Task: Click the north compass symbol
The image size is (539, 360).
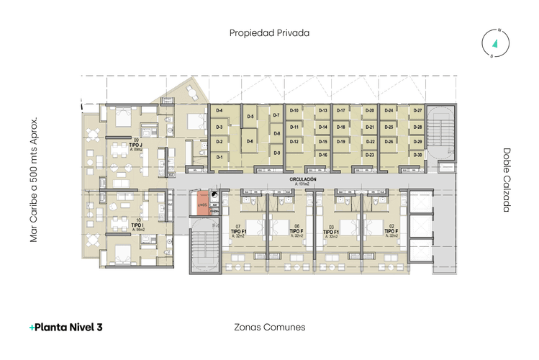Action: [x=496, y=43]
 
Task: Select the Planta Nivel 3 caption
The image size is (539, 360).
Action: [x=65, y=327]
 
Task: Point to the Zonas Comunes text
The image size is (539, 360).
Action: [x=270, y=327]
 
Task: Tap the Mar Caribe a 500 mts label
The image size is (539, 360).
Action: [x=33, y=180]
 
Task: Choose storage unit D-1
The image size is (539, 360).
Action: [x=219, y=156]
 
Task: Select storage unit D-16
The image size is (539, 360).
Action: [x=323, y=155]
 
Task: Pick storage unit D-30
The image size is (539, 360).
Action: [x=417, y=155]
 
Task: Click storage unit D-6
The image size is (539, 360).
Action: [x=250, y=142]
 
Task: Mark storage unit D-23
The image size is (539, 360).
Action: [x=370, y=155]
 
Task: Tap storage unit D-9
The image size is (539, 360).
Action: [x=277, y=153]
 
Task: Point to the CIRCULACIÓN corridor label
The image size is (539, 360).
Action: [x=303, y=180]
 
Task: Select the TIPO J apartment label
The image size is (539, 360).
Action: [x=136, y=145]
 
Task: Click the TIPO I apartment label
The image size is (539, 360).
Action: [x=136, y=226]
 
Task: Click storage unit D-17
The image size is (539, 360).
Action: [x=342, y=110]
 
